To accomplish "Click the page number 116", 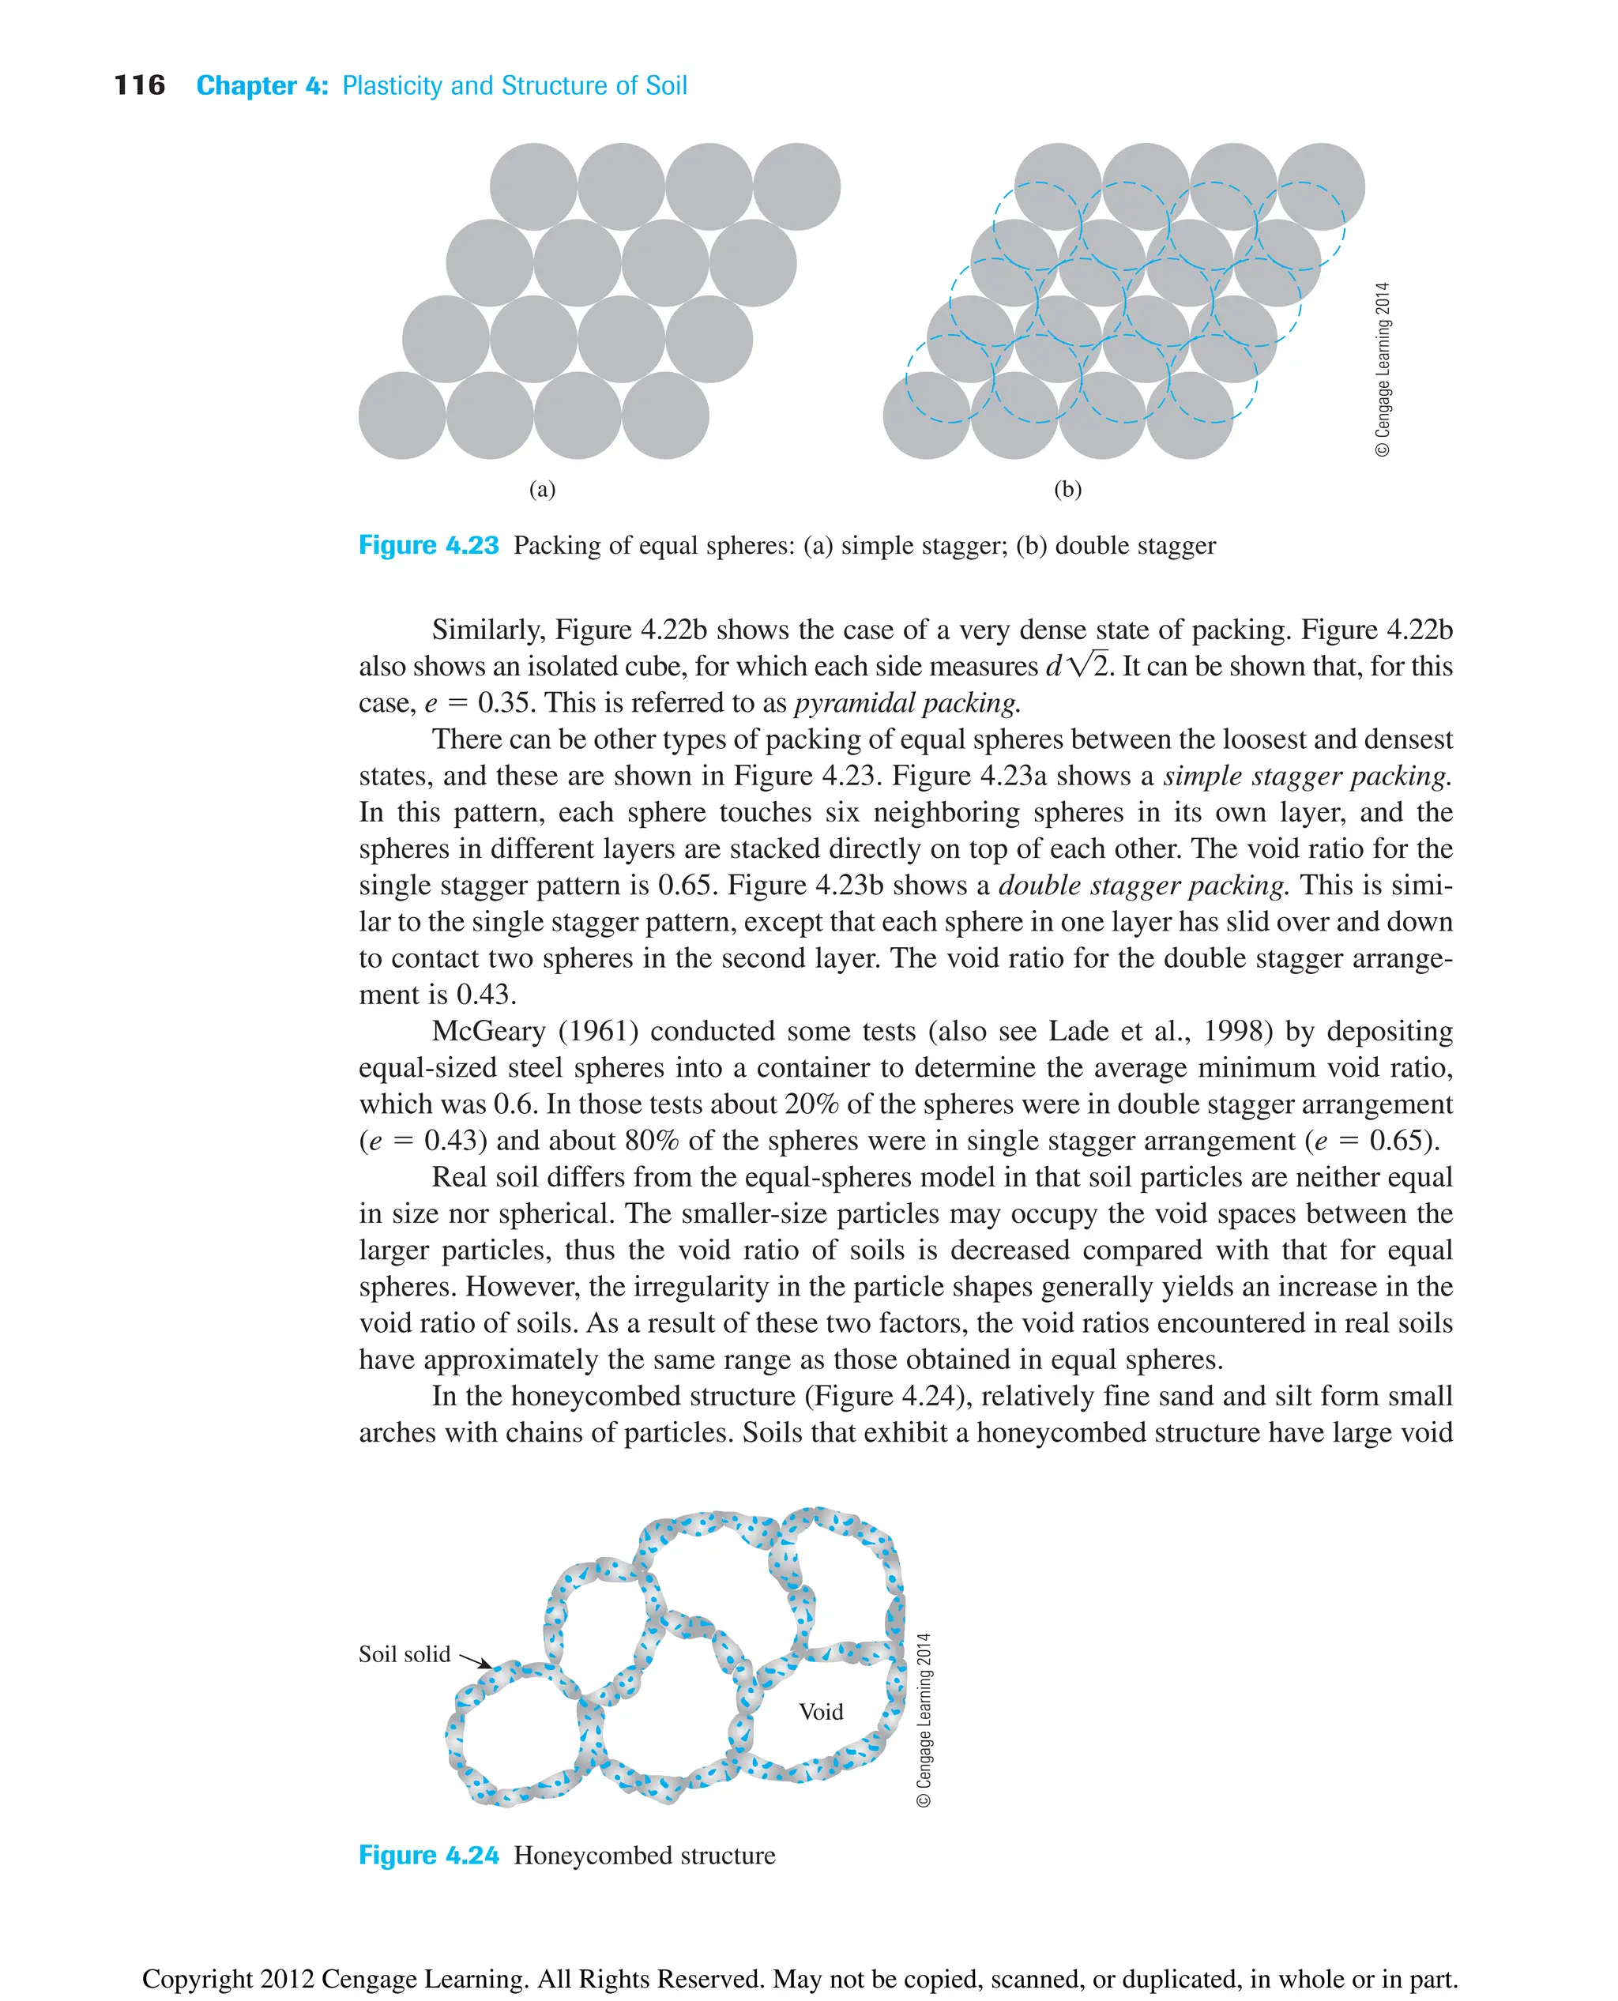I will [140, 86].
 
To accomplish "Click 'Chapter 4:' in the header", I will [262, 86].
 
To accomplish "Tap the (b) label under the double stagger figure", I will [1067, 489].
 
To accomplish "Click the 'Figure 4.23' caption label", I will [429, 545].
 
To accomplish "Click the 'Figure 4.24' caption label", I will [429, 1856].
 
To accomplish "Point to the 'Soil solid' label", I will [404, 1654].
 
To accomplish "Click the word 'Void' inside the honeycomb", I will [820, 1712].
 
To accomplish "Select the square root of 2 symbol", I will [1088, 665].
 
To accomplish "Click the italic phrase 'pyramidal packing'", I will [907, 703].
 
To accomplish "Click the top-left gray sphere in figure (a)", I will [533, 186].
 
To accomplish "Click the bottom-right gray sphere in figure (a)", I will [665, 416].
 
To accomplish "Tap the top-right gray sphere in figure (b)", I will [1321, 186].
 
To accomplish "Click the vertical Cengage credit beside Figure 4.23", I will [1383, 369].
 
